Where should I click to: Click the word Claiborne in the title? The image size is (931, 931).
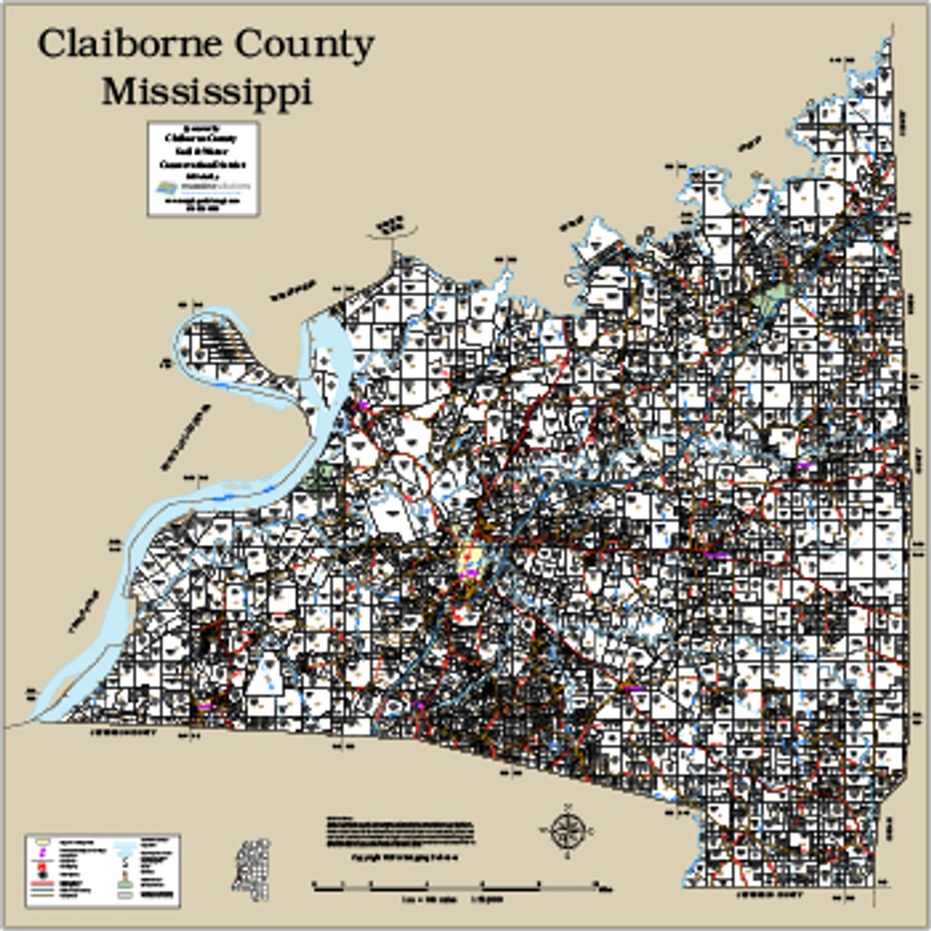129,45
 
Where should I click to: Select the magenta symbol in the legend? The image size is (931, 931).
43,851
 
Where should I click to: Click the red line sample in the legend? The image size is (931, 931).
43,882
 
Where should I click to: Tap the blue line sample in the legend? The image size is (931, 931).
43,889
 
